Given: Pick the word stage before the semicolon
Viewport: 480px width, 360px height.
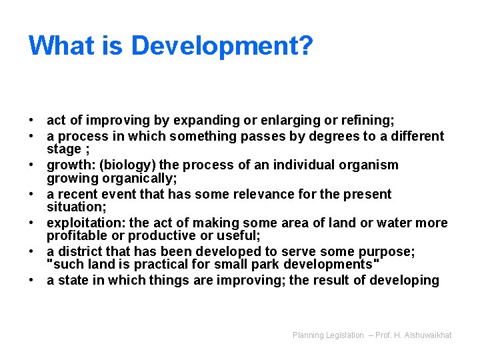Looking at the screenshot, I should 63,148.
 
